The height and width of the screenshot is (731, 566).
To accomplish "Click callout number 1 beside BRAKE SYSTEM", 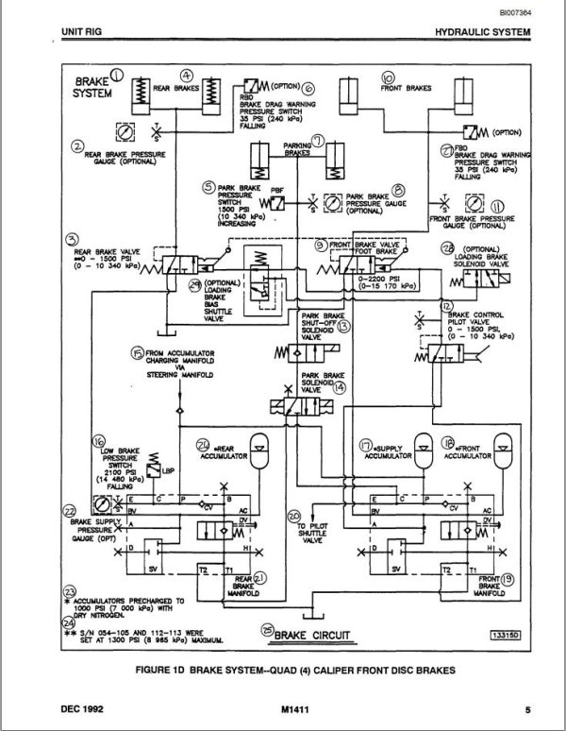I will (x=117, y=76).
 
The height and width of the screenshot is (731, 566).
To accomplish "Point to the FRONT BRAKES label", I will (x=407, y=88).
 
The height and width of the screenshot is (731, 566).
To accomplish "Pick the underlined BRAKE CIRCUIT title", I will (x=305, y=634).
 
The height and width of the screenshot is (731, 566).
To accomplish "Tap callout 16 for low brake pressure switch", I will (x=98, y=441).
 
